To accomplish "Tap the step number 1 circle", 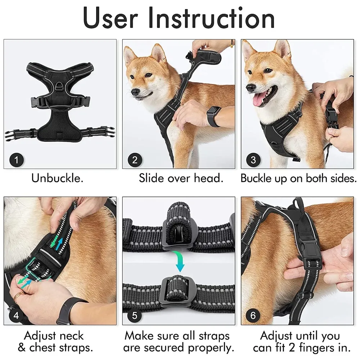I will pos(17,159).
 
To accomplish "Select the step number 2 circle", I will pos(135,159).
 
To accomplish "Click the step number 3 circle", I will pos(253,159).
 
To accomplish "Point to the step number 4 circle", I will pos(17,316).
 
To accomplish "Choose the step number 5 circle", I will pos(135,316).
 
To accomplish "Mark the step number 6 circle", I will pos(253,316).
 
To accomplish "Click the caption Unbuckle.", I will pos(57,178).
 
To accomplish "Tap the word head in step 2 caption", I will pos(208,178).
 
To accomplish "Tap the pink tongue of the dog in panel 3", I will pos(260,100).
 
